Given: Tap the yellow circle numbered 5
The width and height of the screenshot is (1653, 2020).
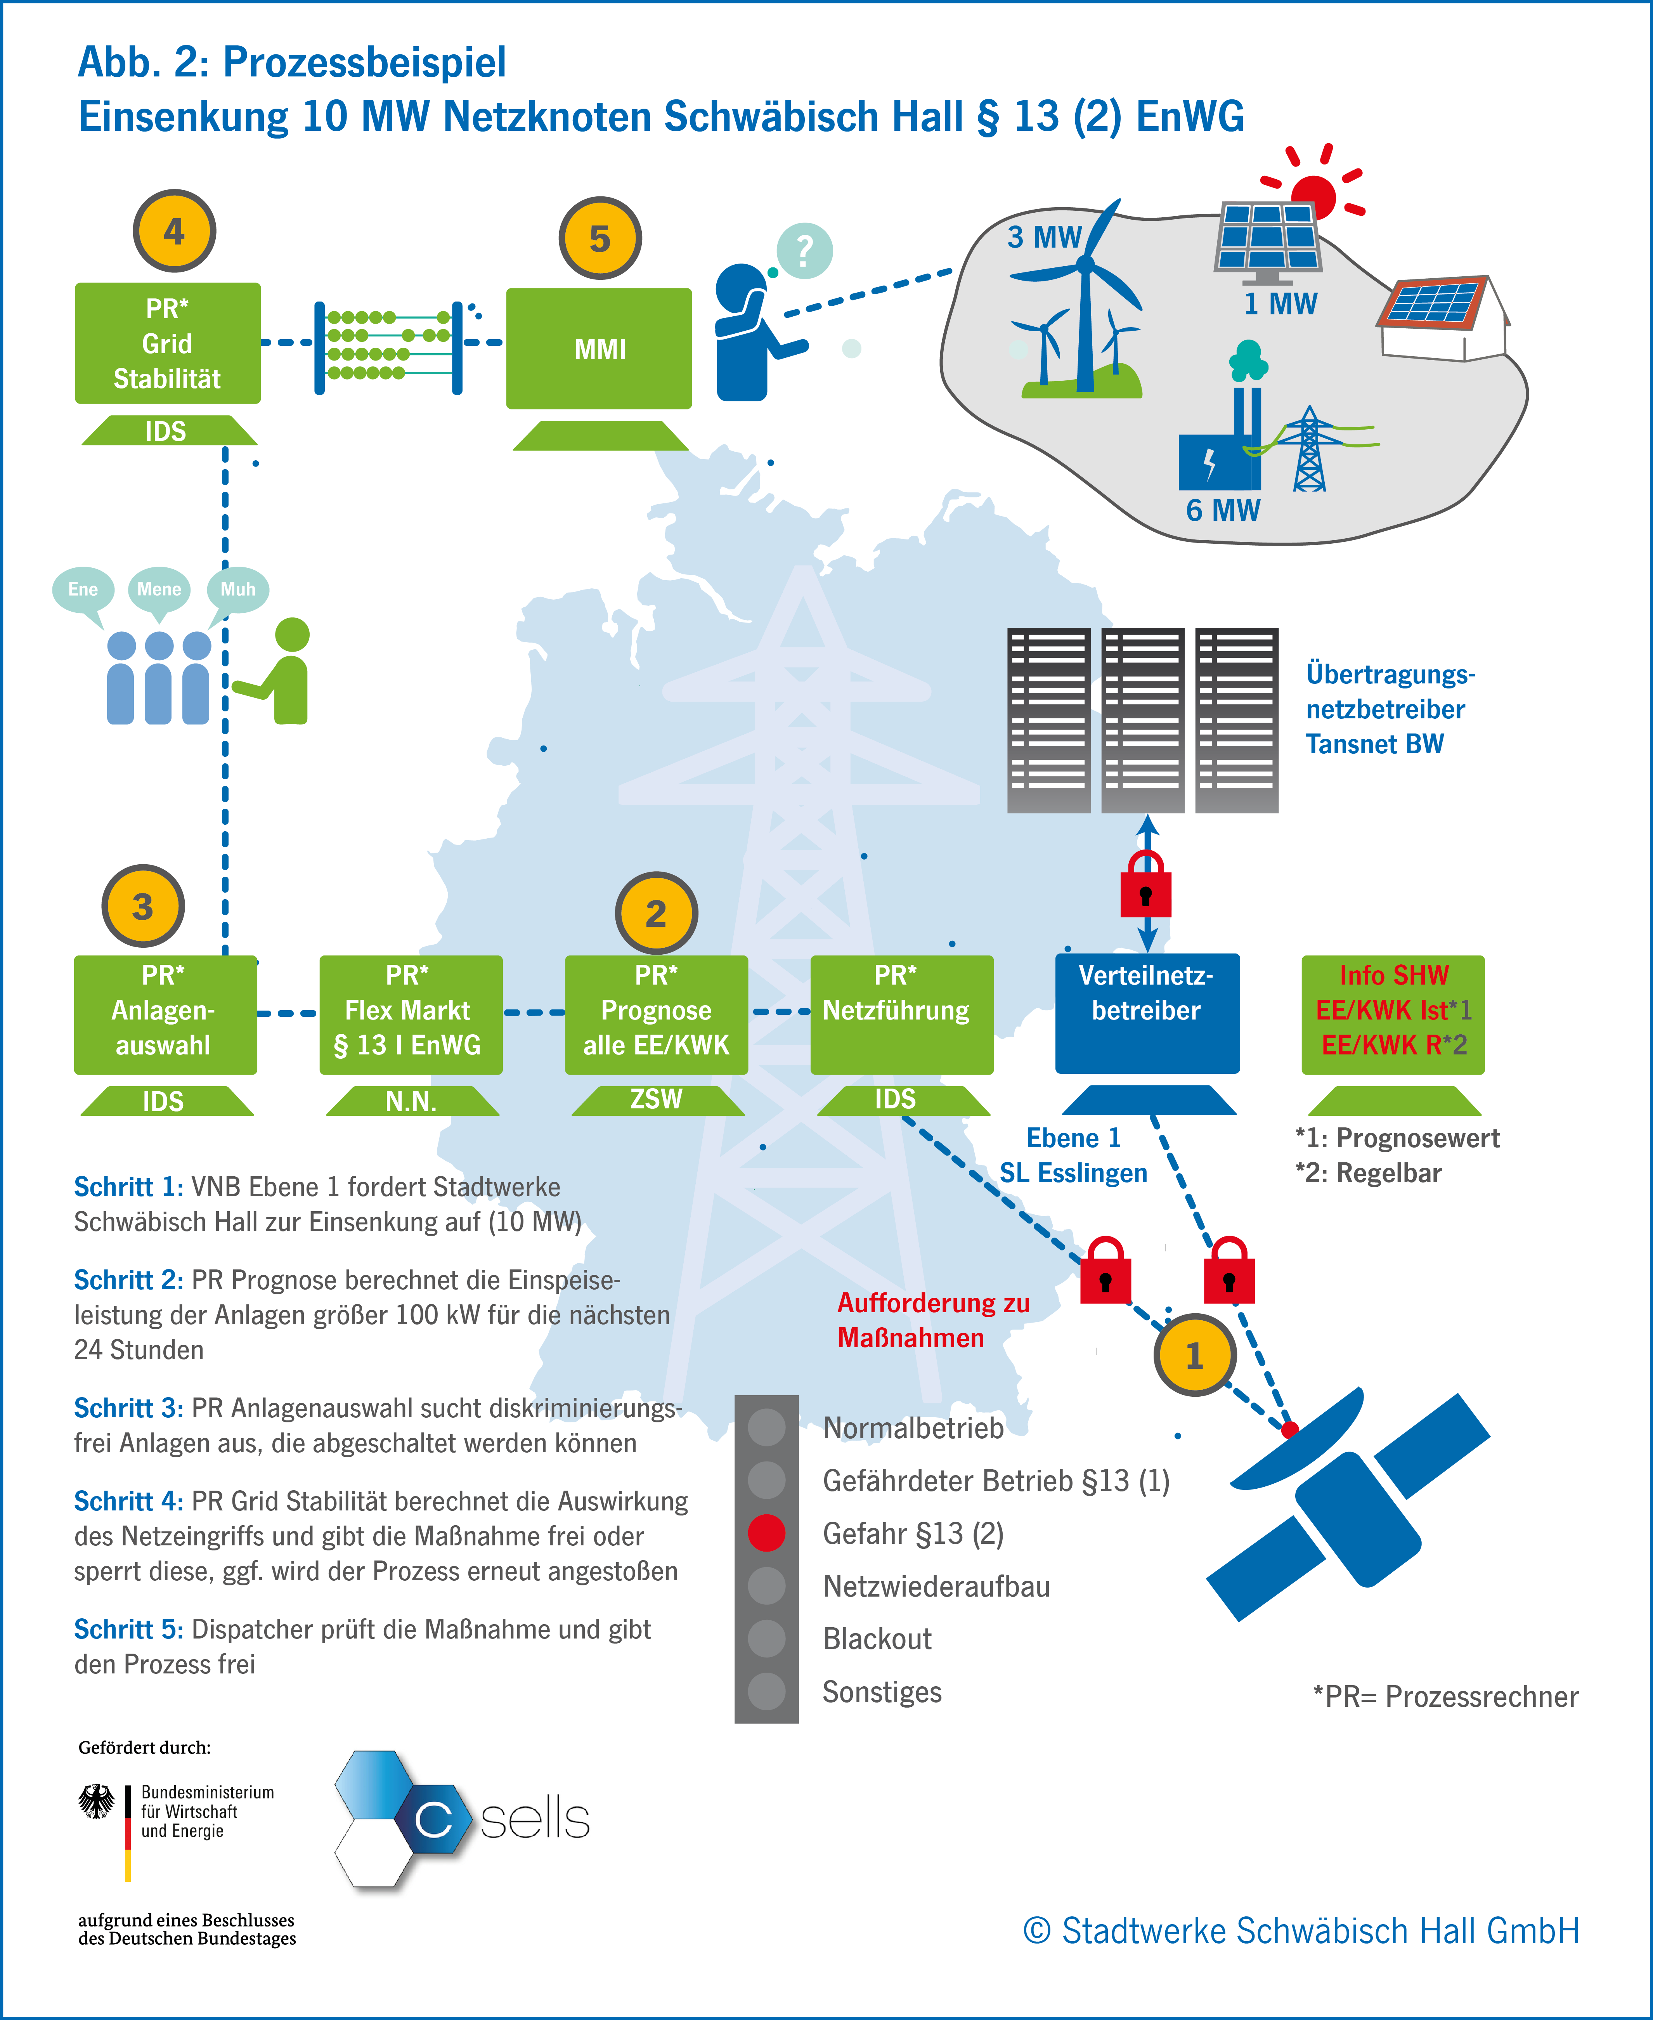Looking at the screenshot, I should [x=600, y=238].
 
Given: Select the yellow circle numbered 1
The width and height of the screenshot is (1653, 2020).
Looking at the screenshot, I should [x=1194, y=1354].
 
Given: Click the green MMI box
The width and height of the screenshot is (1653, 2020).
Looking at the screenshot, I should [x=599, y=349].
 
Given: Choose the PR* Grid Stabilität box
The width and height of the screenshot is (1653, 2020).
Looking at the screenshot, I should [x=168, y=343].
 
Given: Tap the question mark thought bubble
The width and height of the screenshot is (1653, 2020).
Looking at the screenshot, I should [x=805, y=250].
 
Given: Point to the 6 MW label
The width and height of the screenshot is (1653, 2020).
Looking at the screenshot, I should [x=1223, y=510].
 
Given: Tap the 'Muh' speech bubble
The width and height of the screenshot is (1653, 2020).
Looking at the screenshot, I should [x=238, y=590].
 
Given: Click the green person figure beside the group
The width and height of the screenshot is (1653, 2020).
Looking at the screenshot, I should [x=286, y=671].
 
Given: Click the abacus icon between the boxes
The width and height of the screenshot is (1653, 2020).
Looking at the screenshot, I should [x=388, y=347].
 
